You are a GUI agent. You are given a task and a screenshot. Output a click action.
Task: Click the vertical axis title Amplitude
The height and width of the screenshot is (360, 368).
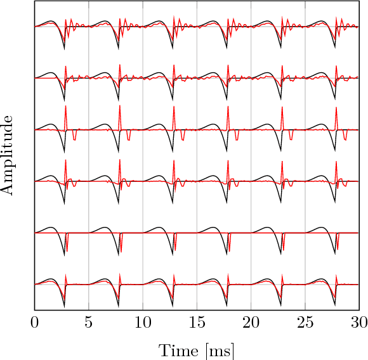[9, 155]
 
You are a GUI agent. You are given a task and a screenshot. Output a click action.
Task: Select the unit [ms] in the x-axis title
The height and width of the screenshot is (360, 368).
[220, 350]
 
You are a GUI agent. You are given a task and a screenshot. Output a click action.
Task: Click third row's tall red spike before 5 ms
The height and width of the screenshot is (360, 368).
[66, 108]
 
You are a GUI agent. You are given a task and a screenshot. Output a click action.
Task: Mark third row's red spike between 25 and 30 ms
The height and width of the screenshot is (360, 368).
[337, 108]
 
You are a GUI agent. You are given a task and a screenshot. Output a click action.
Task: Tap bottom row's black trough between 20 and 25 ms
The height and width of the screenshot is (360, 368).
[281, 307]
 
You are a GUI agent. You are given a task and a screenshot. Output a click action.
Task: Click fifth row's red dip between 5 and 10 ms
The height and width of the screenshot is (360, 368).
[121, 250]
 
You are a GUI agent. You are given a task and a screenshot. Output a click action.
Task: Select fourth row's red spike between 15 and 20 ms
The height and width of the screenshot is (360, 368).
[228, 160]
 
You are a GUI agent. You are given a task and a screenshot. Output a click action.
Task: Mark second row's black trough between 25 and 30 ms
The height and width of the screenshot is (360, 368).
[335, 100]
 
